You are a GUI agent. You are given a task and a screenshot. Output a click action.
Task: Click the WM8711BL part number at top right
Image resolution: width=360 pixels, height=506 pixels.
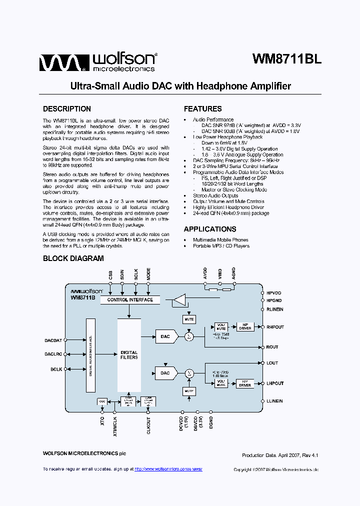point(286,59)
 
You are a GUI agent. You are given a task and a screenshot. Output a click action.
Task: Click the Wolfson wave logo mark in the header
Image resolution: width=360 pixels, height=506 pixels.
point(57,63)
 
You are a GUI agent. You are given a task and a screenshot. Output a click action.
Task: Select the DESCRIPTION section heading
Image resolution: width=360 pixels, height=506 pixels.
point(67,109)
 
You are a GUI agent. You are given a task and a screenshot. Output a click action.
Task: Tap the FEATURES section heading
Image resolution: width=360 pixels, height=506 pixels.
point(202,109)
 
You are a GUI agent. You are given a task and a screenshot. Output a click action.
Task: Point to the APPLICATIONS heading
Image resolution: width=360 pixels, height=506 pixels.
point(210,229)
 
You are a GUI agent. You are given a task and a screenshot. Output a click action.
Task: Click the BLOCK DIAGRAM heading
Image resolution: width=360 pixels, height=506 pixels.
point(73,258)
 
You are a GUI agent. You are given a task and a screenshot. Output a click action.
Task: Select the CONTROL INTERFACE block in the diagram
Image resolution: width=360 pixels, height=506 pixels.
point(130,300)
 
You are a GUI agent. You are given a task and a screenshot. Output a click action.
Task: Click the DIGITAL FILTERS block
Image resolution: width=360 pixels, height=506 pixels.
point(129,355)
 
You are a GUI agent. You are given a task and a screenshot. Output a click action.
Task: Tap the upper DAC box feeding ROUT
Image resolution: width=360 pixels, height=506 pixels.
point(165,336)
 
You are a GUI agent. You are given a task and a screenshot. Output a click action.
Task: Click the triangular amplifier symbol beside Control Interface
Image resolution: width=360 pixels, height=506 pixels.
point(178,300)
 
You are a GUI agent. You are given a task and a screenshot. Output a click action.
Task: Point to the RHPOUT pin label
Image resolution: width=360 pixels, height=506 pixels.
point(275,327)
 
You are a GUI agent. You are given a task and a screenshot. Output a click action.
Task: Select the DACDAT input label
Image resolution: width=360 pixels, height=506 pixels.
point(53,340)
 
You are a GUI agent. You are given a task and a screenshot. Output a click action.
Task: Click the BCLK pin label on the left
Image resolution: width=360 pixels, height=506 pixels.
point(55,369)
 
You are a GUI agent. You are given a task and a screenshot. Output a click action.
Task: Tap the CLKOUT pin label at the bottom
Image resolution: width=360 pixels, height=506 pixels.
point(148,425)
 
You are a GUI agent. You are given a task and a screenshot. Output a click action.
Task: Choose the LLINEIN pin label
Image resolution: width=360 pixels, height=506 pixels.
point(274,401)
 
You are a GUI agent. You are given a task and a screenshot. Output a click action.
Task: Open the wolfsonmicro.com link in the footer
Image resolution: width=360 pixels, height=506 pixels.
point(169,469)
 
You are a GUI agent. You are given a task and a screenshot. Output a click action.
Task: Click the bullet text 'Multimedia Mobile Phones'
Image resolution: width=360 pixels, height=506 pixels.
point(220,240)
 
